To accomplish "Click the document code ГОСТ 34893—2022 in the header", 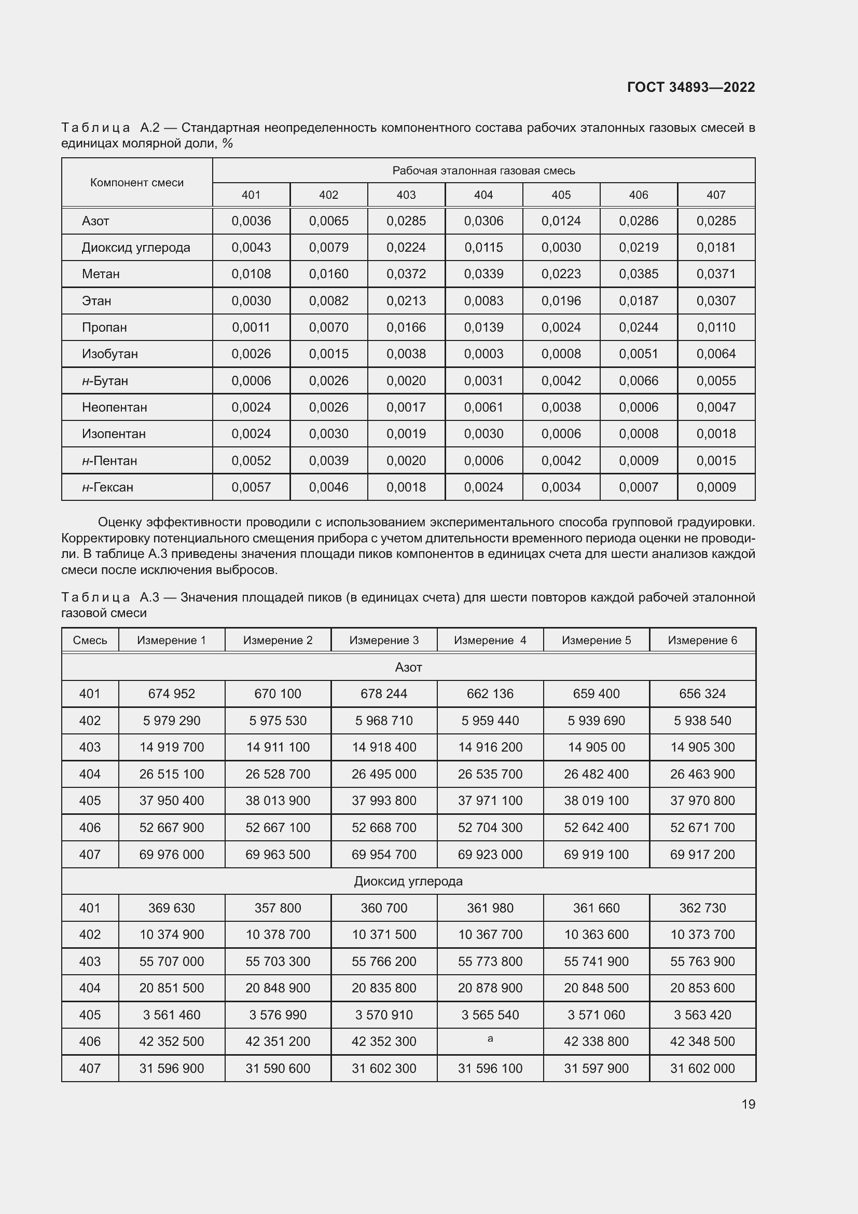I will (x=690, y=87).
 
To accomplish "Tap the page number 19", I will (x=748, y=1104).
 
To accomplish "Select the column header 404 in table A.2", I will (x=483, y=195).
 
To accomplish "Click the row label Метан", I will (x=101, y=274).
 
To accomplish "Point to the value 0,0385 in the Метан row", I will (x=638, y=274).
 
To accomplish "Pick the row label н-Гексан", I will (x=107, y=487).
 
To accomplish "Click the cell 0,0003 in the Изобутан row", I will (x=483, y=354).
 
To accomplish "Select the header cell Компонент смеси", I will (x=137, y=182).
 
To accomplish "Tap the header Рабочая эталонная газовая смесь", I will (x=483, y=170).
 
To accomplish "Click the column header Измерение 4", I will (x=490, y=640).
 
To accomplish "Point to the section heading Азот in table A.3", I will (x=408, y=667).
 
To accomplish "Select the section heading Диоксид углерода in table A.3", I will (x=408, y=881).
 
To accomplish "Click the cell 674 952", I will (x=171, y=694).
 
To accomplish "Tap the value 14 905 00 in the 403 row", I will (x=596, y=747).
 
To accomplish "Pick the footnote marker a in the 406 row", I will (x=490, y=1039).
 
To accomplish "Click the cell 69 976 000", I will (x=171, y=854).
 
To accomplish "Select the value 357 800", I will (x=278, y=908).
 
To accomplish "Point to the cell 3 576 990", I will (x=278, y=1015).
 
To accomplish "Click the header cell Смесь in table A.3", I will (x=90, y=640).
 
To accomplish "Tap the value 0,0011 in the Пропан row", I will (x=251, y=328).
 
